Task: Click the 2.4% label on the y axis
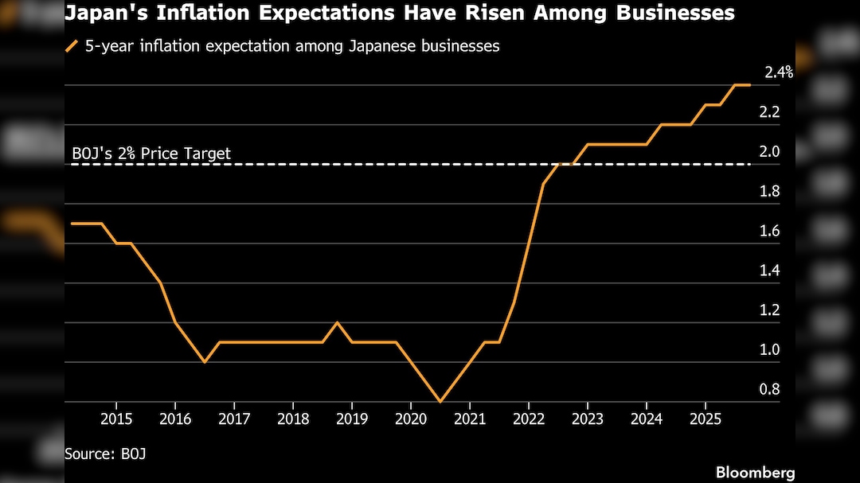pyautogui.click(x=778, y=72)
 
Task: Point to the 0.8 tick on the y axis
pyautogui.click(x=769, y=389)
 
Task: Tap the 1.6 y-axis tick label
pyautogui.click(x=769, y=231)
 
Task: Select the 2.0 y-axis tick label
pyautogui.click(x=769, y=152)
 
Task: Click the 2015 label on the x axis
pyautogui.click(x=115, y=419)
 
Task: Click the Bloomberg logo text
pyautogui.click(x=755, y=473)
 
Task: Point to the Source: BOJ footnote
pyautogui.click(x=105, y=454)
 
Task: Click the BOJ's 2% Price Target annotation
pyautogui.click(x=151, y=153)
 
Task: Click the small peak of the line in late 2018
pyautogui.click(x=337, y=322)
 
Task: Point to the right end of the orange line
pyautogui.click(x=749, y=85)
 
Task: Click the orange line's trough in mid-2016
pyautogui.click(x=205, y=362)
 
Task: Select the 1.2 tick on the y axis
pyautogui.click(x=769, y=310)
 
